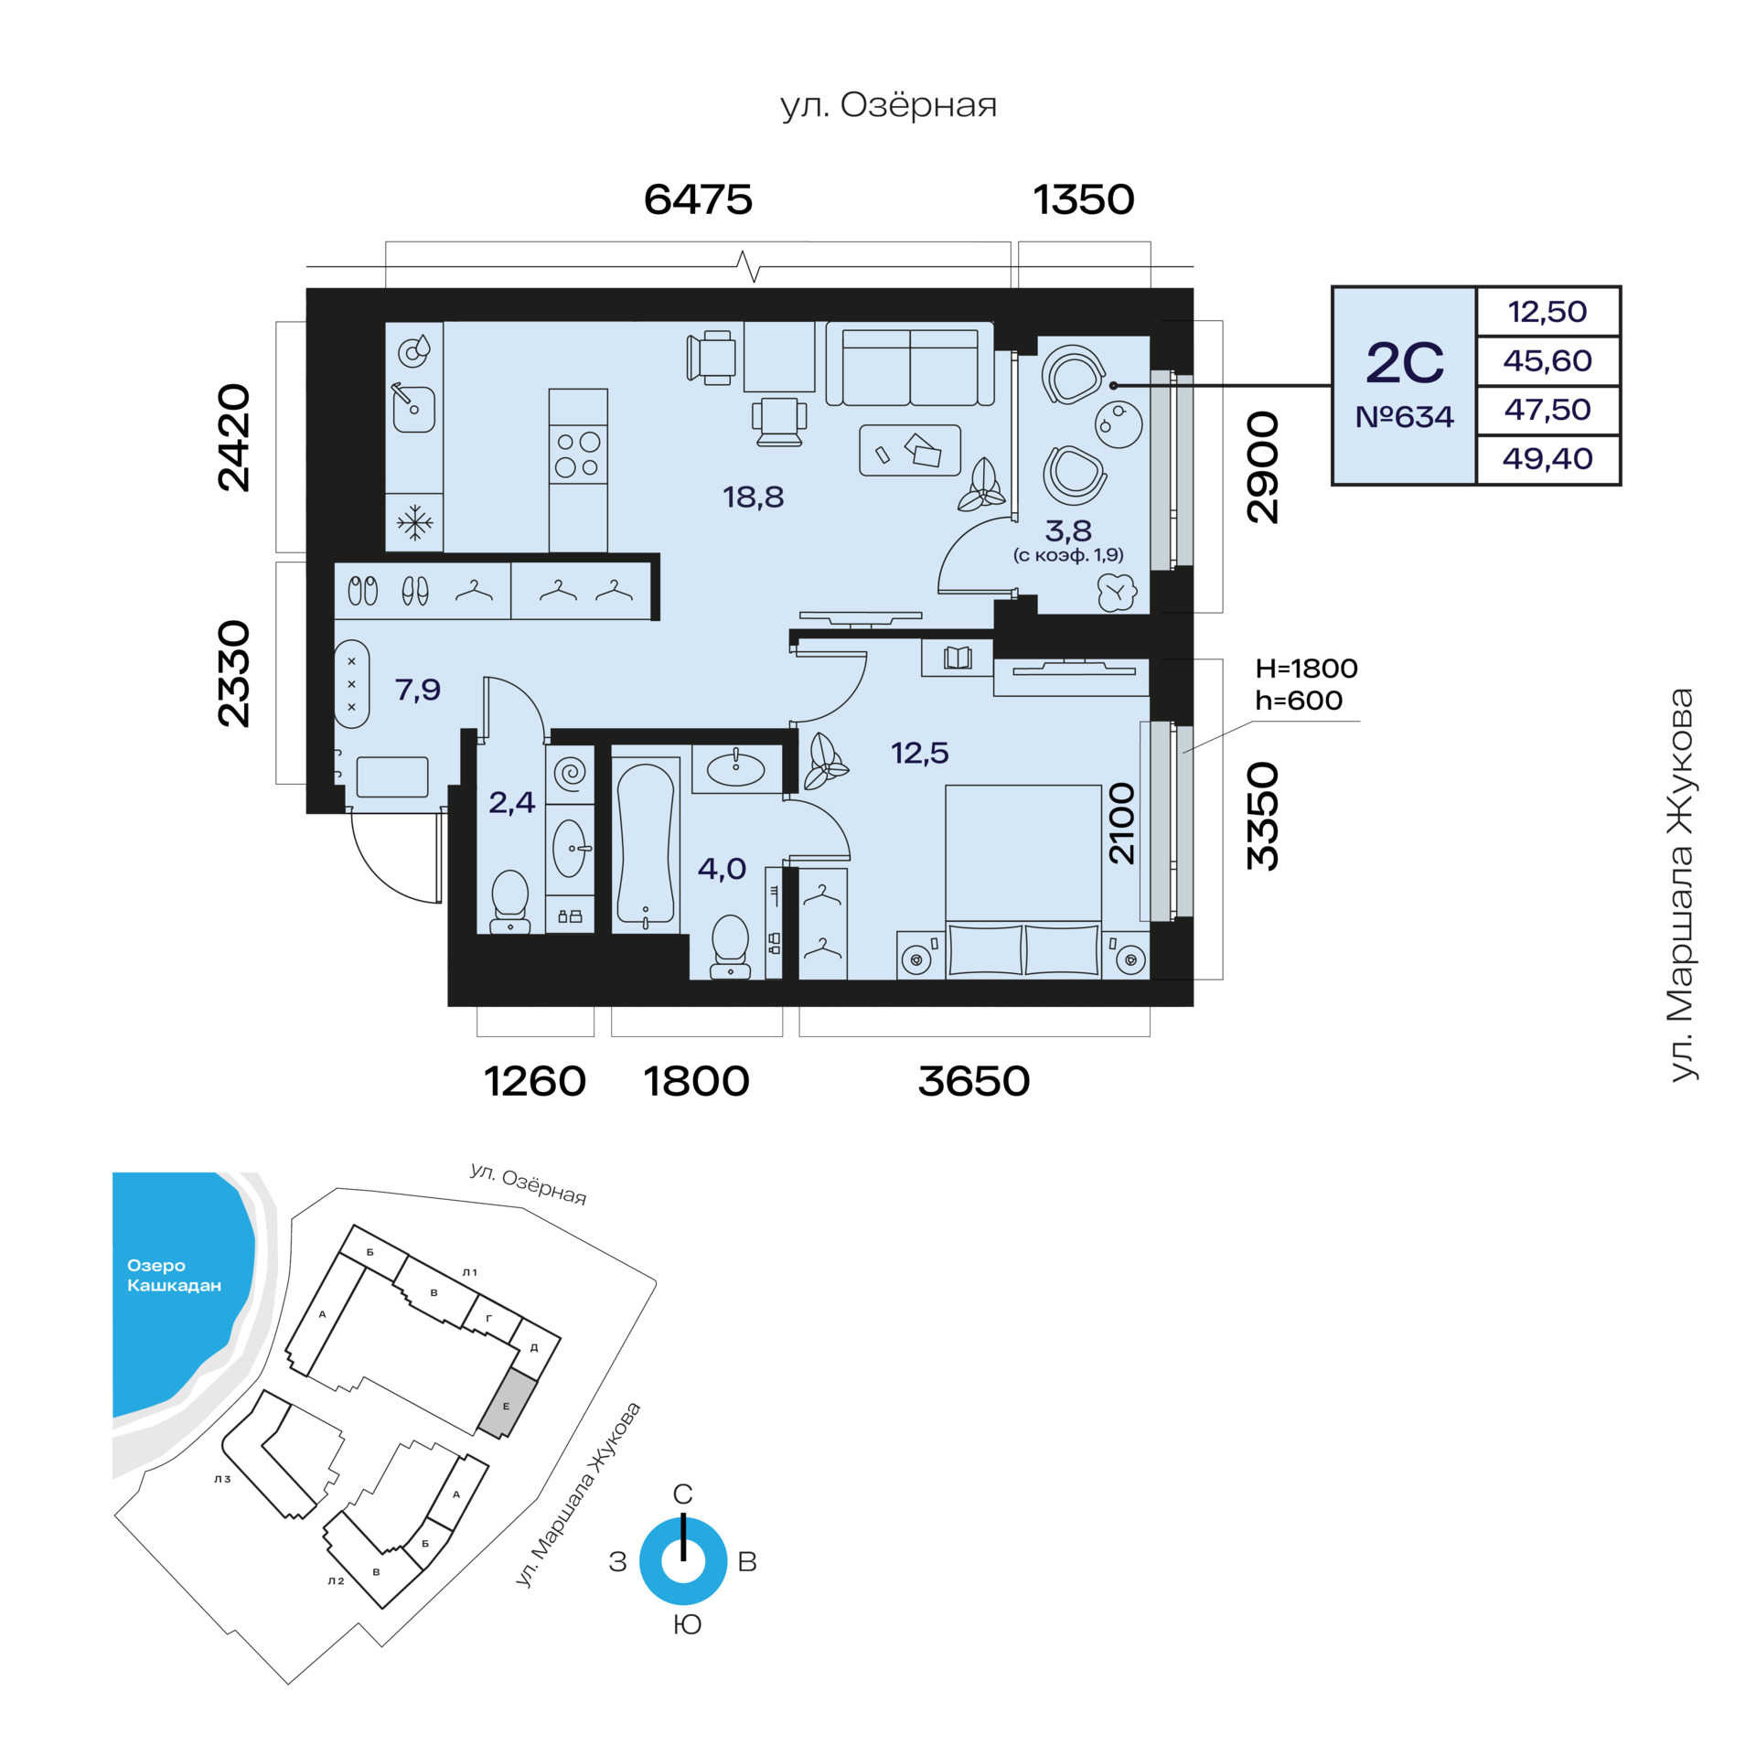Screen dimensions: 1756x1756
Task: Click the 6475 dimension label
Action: [698, 199]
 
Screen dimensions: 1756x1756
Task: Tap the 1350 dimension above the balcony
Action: [1084, 199]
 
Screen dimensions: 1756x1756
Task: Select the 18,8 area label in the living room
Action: [754, 497]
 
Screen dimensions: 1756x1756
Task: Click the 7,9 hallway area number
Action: [418, 689]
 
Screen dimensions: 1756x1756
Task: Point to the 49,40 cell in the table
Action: [1547, 458]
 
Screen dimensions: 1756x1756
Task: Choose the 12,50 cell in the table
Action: [1547, 312]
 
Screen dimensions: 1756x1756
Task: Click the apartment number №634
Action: [1404, 417]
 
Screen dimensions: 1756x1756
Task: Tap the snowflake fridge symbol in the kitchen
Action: [414, 523]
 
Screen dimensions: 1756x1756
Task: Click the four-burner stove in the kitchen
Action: [578, 455]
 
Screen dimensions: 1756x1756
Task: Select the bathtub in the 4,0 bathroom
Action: [647, 844]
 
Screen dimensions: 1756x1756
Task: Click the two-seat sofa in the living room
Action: [910, 365]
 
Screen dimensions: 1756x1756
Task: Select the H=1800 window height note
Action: [1306, 669]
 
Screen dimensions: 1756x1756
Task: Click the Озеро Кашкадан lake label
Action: [174, 1275]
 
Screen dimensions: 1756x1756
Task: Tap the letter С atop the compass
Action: [683, 1494]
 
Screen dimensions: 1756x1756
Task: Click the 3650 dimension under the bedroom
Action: [974, 1081]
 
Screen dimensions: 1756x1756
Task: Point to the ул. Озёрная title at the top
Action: [889, 106]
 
